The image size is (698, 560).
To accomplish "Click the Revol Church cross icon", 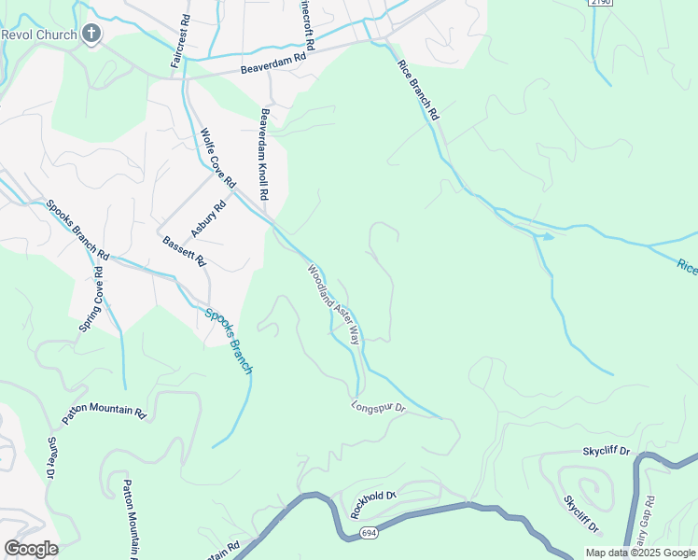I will (x=91, y=35).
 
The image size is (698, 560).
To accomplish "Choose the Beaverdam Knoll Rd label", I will (x=265, y=155).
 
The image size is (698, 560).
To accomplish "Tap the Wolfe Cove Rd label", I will (x=218, y=160).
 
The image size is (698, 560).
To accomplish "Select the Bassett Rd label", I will (x=184, y=251).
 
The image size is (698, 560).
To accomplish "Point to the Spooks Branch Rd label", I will (x=77, y=230).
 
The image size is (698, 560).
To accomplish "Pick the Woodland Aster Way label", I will (x=334, y=304).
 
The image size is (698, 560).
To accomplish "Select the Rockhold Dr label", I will (x=373, y=504).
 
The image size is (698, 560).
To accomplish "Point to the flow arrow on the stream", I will (x=548, y=236).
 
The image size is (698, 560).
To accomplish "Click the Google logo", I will (x=31, y=549).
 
